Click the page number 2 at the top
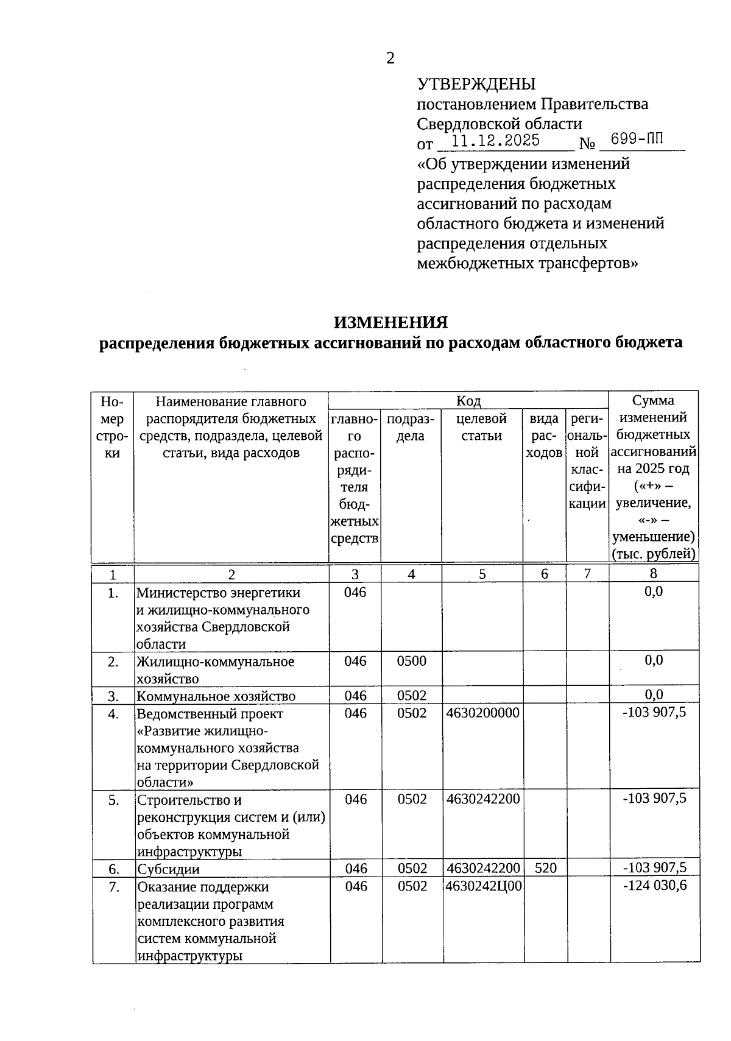tap(390, 58)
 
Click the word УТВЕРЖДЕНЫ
tap(476, 84)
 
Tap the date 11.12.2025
tap(496, 141)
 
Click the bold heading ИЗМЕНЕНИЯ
tap(390, 322)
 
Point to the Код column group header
tap(468, 401)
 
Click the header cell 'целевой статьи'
tap(481, 427)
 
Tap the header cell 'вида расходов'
tap(543, 436)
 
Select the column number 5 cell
tap(482, 574)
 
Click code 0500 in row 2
tap(411, 662)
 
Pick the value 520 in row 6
tap(545, 869)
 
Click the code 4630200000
tap(482, 713)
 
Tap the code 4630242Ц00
tap(484, 886)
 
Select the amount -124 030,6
tap(654, 886)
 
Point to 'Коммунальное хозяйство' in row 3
tap(216, 696)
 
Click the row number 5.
tap(113, 800)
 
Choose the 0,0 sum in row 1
tap(654, 591)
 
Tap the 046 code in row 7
tap(356, 886)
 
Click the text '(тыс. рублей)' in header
tap(653, 554)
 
